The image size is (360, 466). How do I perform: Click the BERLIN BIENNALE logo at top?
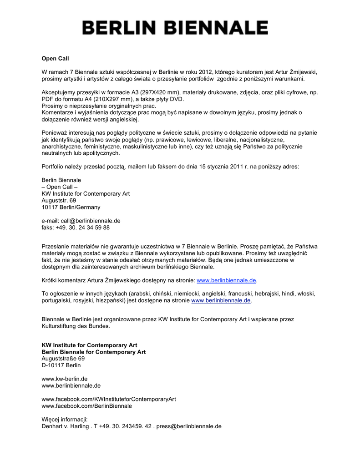175,28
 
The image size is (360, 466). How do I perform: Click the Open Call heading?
55,59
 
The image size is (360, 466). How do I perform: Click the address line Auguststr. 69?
59,200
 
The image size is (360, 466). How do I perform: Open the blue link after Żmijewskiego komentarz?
227,281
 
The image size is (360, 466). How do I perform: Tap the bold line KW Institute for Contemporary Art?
89,345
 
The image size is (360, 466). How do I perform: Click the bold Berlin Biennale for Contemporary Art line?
94,352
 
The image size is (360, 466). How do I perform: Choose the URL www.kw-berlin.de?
65,379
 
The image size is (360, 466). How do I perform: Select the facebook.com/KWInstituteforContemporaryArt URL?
109,399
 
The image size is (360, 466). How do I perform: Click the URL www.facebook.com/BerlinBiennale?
87,405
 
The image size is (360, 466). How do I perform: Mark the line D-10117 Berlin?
61,365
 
